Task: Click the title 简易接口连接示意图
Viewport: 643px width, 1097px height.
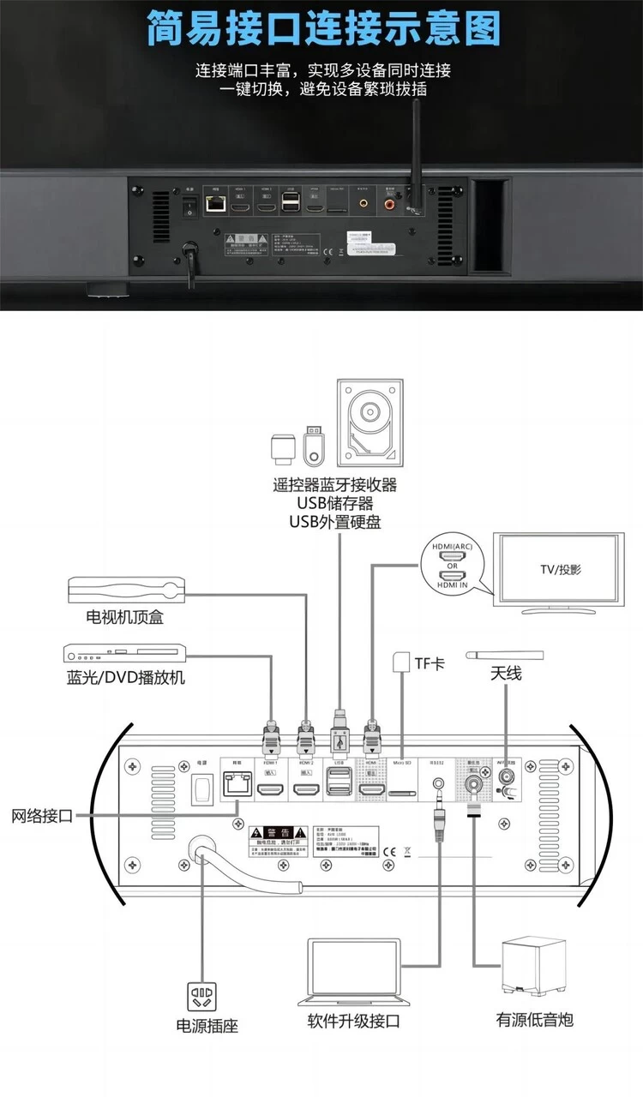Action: tap(321, 27)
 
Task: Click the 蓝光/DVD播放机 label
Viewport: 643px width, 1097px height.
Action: tap(126, 677)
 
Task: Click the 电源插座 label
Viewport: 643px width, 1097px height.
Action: tap(207, 1024)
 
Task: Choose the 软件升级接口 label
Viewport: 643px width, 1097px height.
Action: tap(353, 1021)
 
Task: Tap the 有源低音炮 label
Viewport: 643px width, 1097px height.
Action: tap(534, 1019)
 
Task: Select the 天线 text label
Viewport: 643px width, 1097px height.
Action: tap(506, 674)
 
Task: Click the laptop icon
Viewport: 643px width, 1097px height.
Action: tap(353, 974)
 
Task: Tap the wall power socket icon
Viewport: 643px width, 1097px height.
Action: tap(202, 993)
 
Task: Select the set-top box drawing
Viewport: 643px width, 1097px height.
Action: tap(126, 589)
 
